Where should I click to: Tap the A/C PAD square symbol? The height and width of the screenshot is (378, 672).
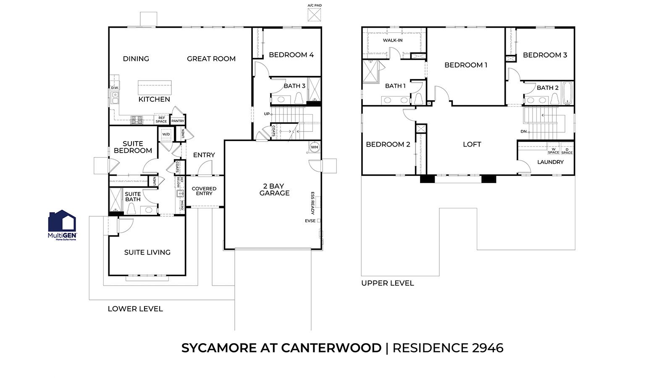tap(315, 14)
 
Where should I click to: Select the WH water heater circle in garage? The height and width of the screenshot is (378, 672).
tap(315, 147)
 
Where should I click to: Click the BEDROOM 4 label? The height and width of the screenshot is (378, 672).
tap(291, 55)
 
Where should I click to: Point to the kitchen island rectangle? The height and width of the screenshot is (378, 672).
tap(155, 88)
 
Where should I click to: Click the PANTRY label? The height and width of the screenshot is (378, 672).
tap(178, 121)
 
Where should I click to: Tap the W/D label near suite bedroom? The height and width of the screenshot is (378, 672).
tap(166, 134)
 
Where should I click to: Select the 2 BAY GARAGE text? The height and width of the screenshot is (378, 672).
tap(274, 189)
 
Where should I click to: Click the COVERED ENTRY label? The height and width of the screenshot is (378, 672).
tap(204, 191)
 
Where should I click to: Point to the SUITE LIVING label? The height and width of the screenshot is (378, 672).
tap(147, 252)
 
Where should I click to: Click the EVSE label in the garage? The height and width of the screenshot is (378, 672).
tap(310, 221)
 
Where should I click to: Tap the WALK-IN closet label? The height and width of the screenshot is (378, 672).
tap(393, 40)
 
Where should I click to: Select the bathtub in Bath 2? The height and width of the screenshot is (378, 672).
tap(567, 93)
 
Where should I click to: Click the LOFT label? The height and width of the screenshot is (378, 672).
tap(472, 144)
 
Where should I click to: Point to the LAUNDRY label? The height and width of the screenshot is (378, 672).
tap(550, 162)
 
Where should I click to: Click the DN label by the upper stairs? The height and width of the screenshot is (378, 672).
tap(523, 131)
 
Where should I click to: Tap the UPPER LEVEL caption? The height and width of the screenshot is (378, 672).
tap(387, 283)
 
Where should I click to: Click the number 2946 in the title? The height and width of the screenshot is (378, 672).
tap(488, 348)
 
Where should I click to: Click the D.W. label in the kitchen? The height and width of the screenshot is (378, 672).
tap(115, 88)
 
